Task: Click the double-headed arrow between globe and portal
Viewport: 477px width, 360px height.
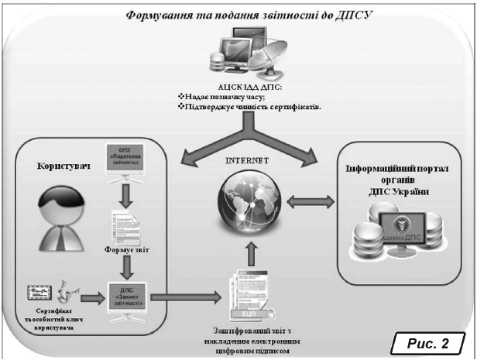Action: pyautogui.click(x=311, y=201)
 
